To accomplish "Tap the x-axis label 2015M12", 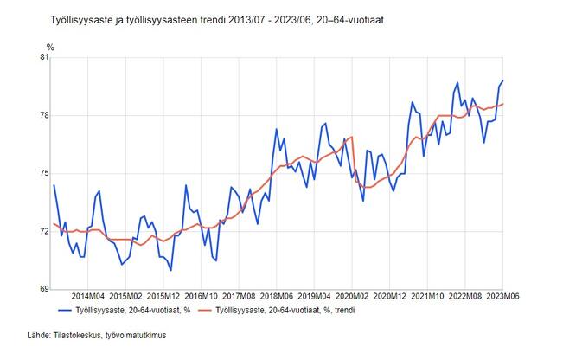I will pos(165,295).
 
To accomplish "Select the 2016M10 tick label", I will pos(204,295).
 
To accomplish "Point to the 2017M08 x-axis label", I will pos(240,295).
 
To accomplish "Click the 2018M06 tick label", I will pos(278,295).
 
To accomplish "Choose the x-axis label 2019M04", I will pos(317,295).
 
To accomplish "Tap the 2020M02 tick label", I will pos(355,295).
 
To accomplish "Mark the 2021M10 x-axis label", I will pos(429,295).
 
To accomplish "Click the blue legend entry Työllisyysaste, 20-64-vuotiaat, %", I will pos(130,309).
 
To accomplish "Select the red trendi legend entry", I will pos(285,309).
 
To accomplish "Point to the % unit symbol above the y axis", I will pos(49,46).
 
